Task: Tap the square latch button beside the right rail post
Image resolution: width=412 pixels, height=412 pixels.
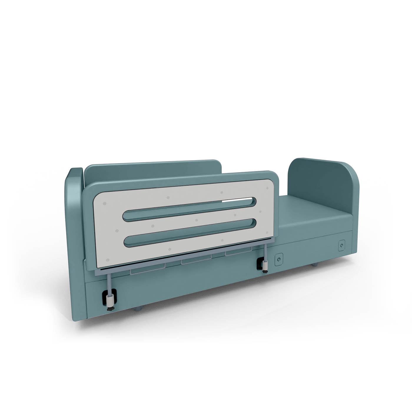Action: [278, 260]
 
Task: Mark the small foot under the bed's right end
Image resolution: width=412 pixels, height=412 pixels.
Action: [315, 265]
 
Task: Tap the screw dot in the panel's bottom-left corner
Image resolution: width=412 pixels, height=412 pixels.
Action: [108, 260]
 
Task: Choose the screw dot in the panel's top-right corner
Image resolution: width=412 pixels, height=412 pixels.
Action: [267, 188]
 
